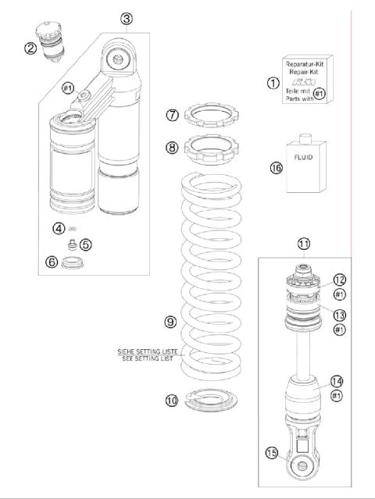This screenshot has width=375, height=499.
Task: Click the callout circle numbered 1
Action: click(x=273, y=82)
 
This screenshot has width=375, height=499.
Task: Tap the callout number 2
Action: click(x=52, y=48)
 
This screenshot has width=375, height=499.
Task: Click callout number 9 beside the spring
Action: click(x=171, y=321)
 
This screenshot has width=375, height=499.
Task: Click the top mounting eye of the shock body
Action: click(x=118, y=59)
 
